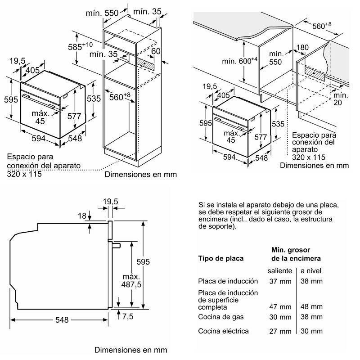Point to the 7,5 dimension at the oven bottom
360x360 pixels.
pos(128,316)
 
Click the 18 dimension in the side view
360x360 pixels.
pos(81,216)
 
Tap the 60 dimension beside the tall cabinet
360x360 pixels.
pos(156,51)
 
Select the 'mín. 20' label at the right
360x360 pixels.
pos(341,99)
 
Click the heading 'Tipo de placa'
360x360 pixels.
pos(221,258)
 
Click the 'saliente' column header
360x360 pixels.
pos(279,270)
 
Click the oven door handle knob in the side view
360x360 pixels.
pos(117,245)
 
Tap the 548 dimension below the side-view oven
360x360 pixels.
pos(62,320)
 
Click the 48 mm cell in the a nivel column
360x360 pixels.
pos(311,307)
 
